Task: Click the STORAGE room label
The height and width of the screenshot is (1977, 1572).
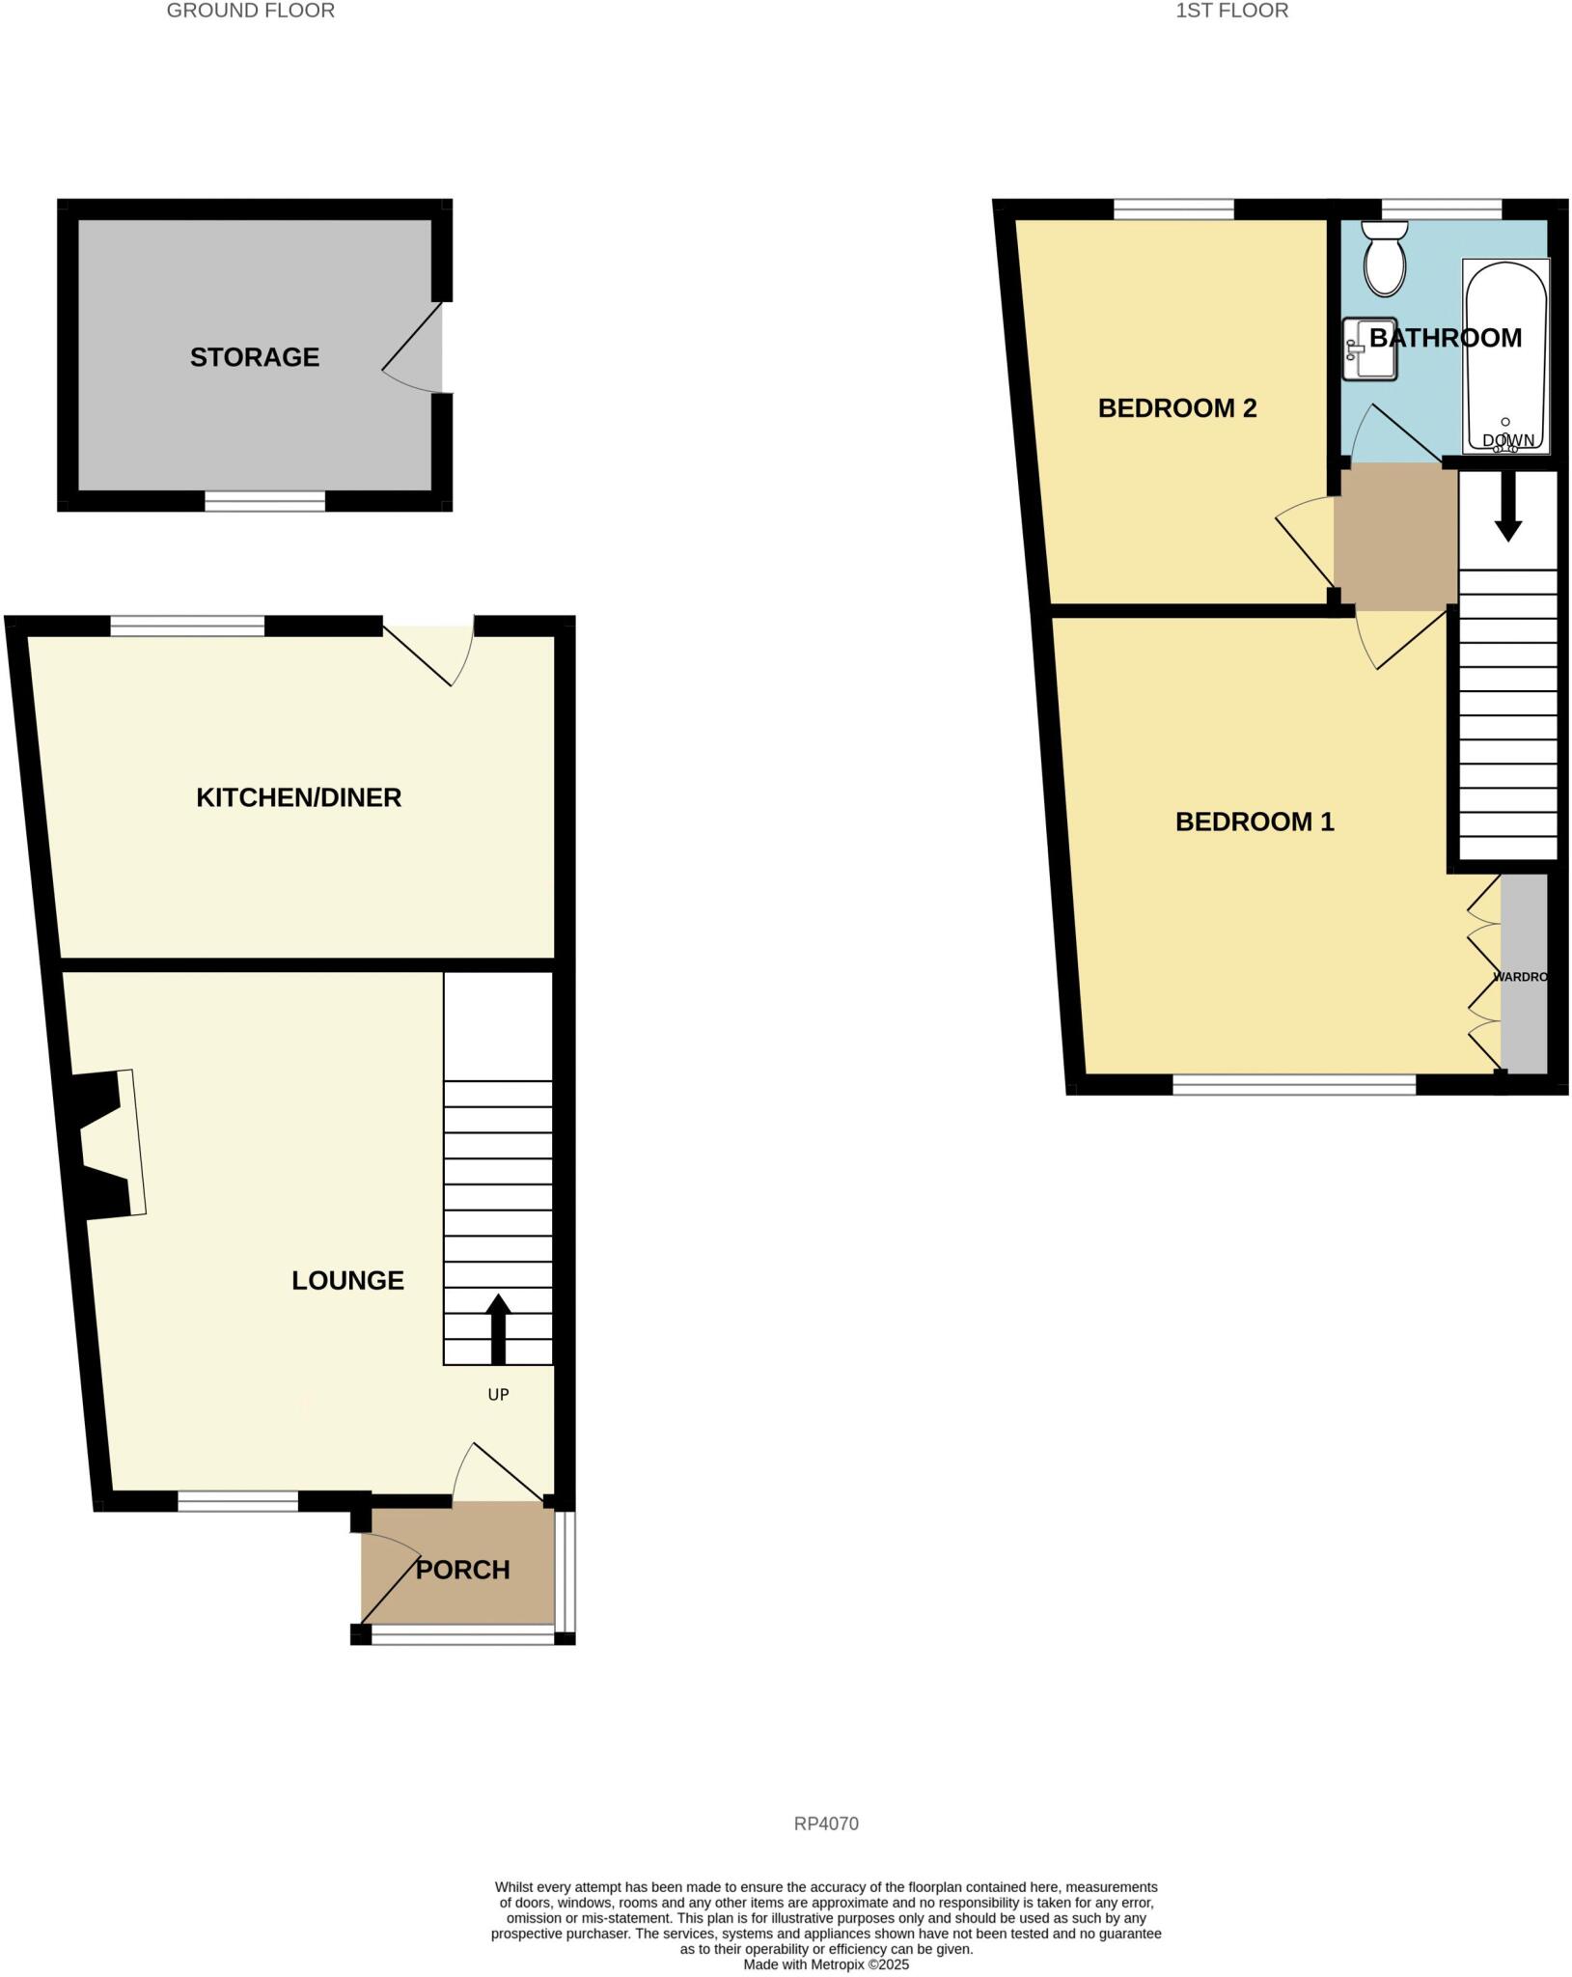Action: click(254, 357)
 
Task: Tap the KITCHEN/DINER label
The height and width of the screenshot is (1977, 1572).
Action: click(298, 797)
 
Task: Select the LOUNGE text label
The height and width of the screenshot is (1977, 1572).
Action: click(347, 1280)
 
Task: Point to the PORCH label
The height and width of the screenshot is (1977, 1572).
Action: click(462, 1570)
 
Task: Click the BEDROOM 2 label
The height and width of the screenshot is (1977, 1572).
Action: click(1176, 408)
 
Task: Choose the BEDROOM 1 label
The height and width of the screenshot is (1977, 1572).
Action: click(1254, 821)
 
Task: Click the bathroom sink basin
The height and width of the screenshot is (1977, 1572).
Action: click(1369, 348)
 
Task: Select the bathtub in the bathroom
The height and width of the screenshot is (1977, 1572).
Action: click(1505, 354)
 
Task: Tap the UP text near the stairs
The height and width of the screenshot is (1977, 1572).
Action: click(498, 1394)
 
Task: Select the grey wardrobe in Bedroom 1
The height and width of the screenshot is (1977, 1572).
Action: click(1524, 973)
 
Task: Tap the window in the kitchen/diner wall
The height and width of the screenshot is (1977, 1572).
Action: click(187, 627)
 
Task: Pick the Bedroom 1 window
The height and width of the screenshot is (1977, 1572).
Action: click(1293, 1084)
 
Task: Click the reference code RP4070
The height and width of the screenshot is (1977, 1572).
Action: click(826, 1824)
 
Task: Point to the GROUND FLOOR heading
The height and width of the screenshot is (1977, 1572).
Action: click(251, 12)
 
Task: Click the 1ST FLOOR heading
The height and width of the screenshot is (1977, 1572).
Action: click(1231, 12)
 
